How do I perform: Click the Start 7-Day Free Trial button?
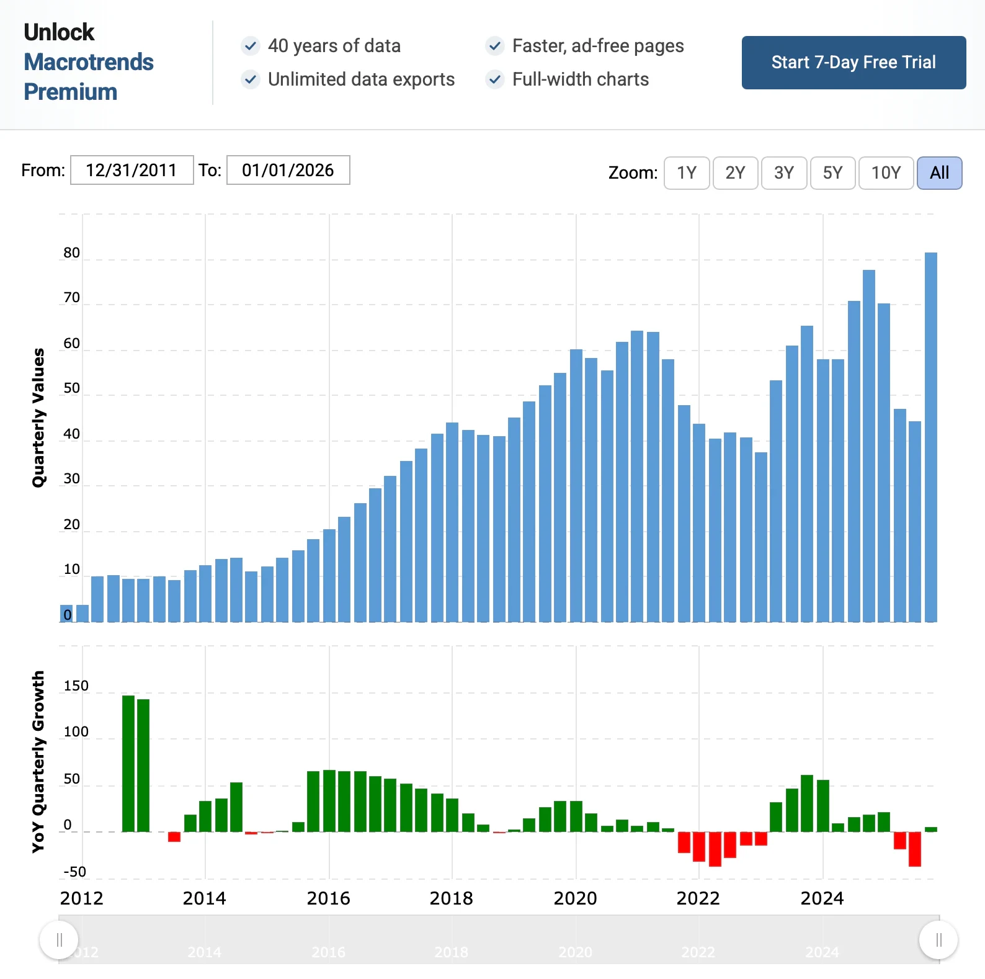click(854, 63)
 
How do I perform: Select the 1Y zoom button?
click(687, 173)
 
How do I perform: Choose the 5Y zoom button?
click(832, 173)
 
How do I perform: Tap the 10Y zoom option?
click(885, 173)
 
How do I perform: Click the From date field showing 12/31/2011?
click(131, 170)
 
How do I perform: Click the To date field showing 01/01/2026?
click(288, 170)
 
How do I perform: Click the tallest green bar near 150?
click(128, 763)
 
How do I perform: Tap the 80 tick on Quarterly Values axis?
click(72, 253)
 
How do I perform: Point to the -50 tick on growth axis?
click(75, 872)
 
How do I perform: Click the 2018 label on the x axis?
click(451, 898)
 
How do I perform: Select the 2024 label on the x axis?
click(822, 898)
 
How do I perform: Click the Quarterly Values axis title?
click(38, 418)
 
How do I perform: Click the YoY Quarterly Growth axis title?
click(38, 761)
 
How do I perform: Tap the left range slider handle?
click(59, 940)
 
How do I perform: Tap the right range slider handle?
click(938, 940)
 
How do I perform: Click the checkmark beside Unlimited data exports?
click(251, 79)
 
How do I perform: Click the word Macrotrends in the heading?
click(89, 62)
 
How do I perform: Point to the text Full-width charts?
click(580, 79)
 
